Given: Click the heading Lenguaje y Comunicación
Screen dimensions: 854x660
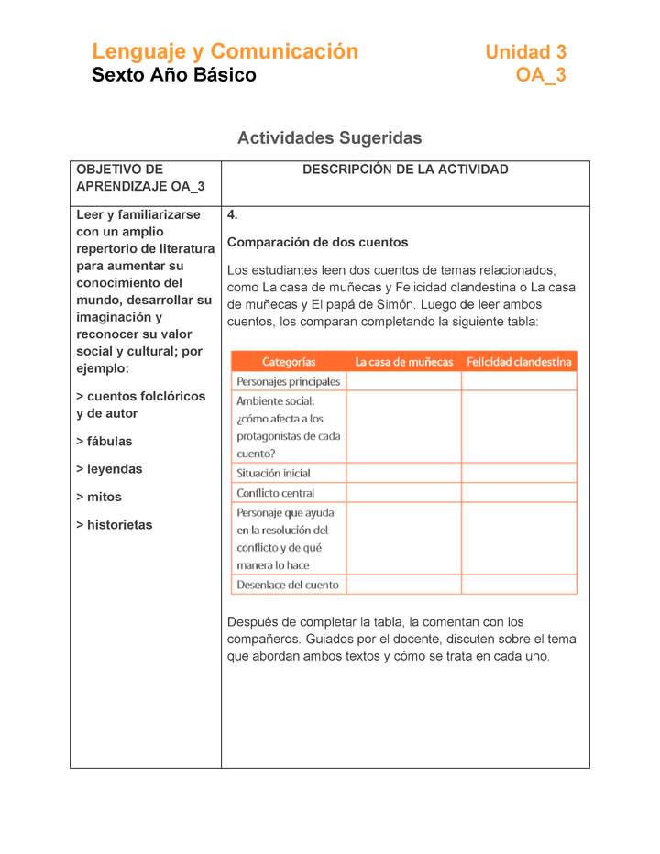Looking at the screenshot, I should pyautogui.click(x=225, y=51).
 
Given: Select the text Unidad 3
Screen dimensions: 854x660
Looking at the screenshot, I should pyautogui.click(x=525, y=52).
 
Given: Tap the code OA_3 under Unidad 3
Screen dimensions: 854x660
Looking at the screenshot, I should pyautogui.click(x=540, y=75).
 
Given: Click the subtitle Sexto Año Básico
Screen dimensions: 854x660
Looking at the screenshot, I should pyautogui.click(x=174, y=75).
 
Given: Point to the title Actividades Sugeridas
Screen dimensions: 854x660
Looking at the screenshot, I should pyautogui.click(x=329, y=138).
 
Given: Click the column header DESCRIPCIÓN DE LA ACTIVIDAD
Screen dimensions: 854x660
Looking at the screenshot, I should pyautogui.click(x=405, y=170).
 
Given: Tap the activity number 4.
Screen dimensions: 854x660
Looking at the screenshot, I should pyautogui.click(x=233, y=215).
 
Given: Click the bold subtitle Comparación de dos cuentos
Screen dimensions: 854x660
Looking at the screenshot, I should pyautogui.click(x=317, y=243).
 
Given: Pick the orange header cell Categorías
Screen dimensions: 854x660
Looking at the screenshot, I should pyautogui.click(x=289, y=362).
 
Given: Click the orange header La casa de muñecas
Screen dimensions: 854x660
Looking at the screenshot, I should pyautogui.click(x=404, y=362).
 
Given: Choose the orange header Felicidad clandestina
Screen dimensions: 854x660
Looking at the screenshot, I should pyautogui.click(x=519, y=362).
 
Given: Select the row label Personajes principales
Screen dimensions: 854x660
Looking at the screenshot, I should pyautogui.click(x=288, y=381).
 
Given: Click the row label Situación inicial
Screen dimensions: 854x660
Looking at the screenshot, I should pyautogui.click(x=273, y=473).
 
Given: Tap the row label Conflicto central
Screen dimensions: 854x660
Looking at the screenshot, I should pyautogui.click(x=275, y=493).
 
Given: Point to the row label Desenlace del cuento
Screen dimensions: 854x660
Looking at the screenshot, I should pyautogui.click(x=287, y=585).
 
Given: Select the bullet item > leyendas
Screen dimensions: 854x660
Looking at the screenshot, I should pyautogui.click(x=109, y=469).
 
